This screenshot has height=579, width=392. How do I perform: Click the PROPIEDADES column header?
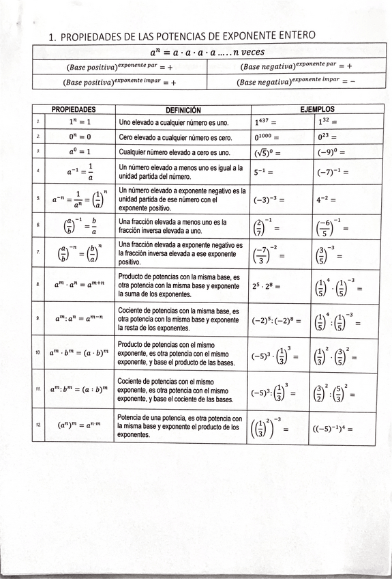74,109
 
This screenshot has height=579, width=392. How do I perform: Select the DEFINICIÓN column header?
183,109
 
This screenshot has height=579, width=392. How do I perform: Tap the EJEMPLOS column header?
317,109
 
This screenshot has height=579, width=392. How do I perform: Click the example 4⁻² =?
328,201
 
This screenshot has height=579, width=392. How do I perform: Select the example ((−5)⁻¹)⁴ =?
332,429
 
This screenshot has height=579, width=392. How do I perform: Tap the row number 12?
38,425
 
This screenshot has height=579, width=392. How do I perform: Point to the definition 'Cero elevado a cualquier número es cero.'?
176,137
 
